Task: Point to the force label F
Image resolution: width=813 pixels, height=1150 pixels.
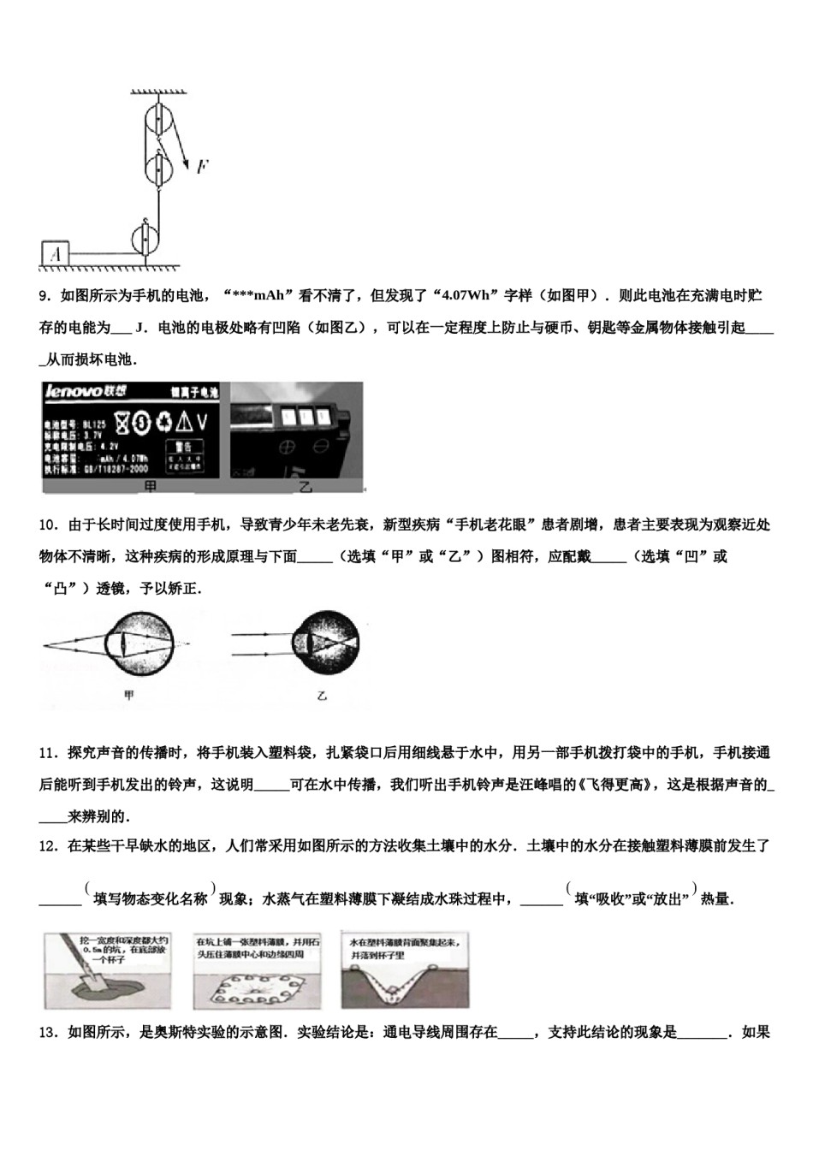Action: [201, 167]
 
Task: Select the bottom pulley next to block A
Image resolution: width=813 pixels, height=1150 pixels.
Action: [145, 239]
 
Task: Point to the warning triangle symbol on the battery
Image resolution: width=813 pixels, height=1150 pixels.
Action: [184, 421]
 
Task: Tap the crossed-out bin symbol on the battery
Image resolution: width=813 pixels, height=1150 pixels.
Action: [122, 421]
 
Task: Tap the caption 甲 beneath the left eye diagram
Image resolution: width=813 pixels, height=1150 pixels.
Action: [129, 696]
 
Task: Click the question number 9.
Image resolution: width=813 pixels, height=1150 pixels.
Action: [46, 296]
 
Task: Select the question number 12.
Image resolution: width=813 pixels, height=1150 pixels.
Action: [49, 846]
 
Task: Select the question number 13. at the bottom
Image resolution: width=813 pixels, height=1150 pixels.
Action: [49, 1033]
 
